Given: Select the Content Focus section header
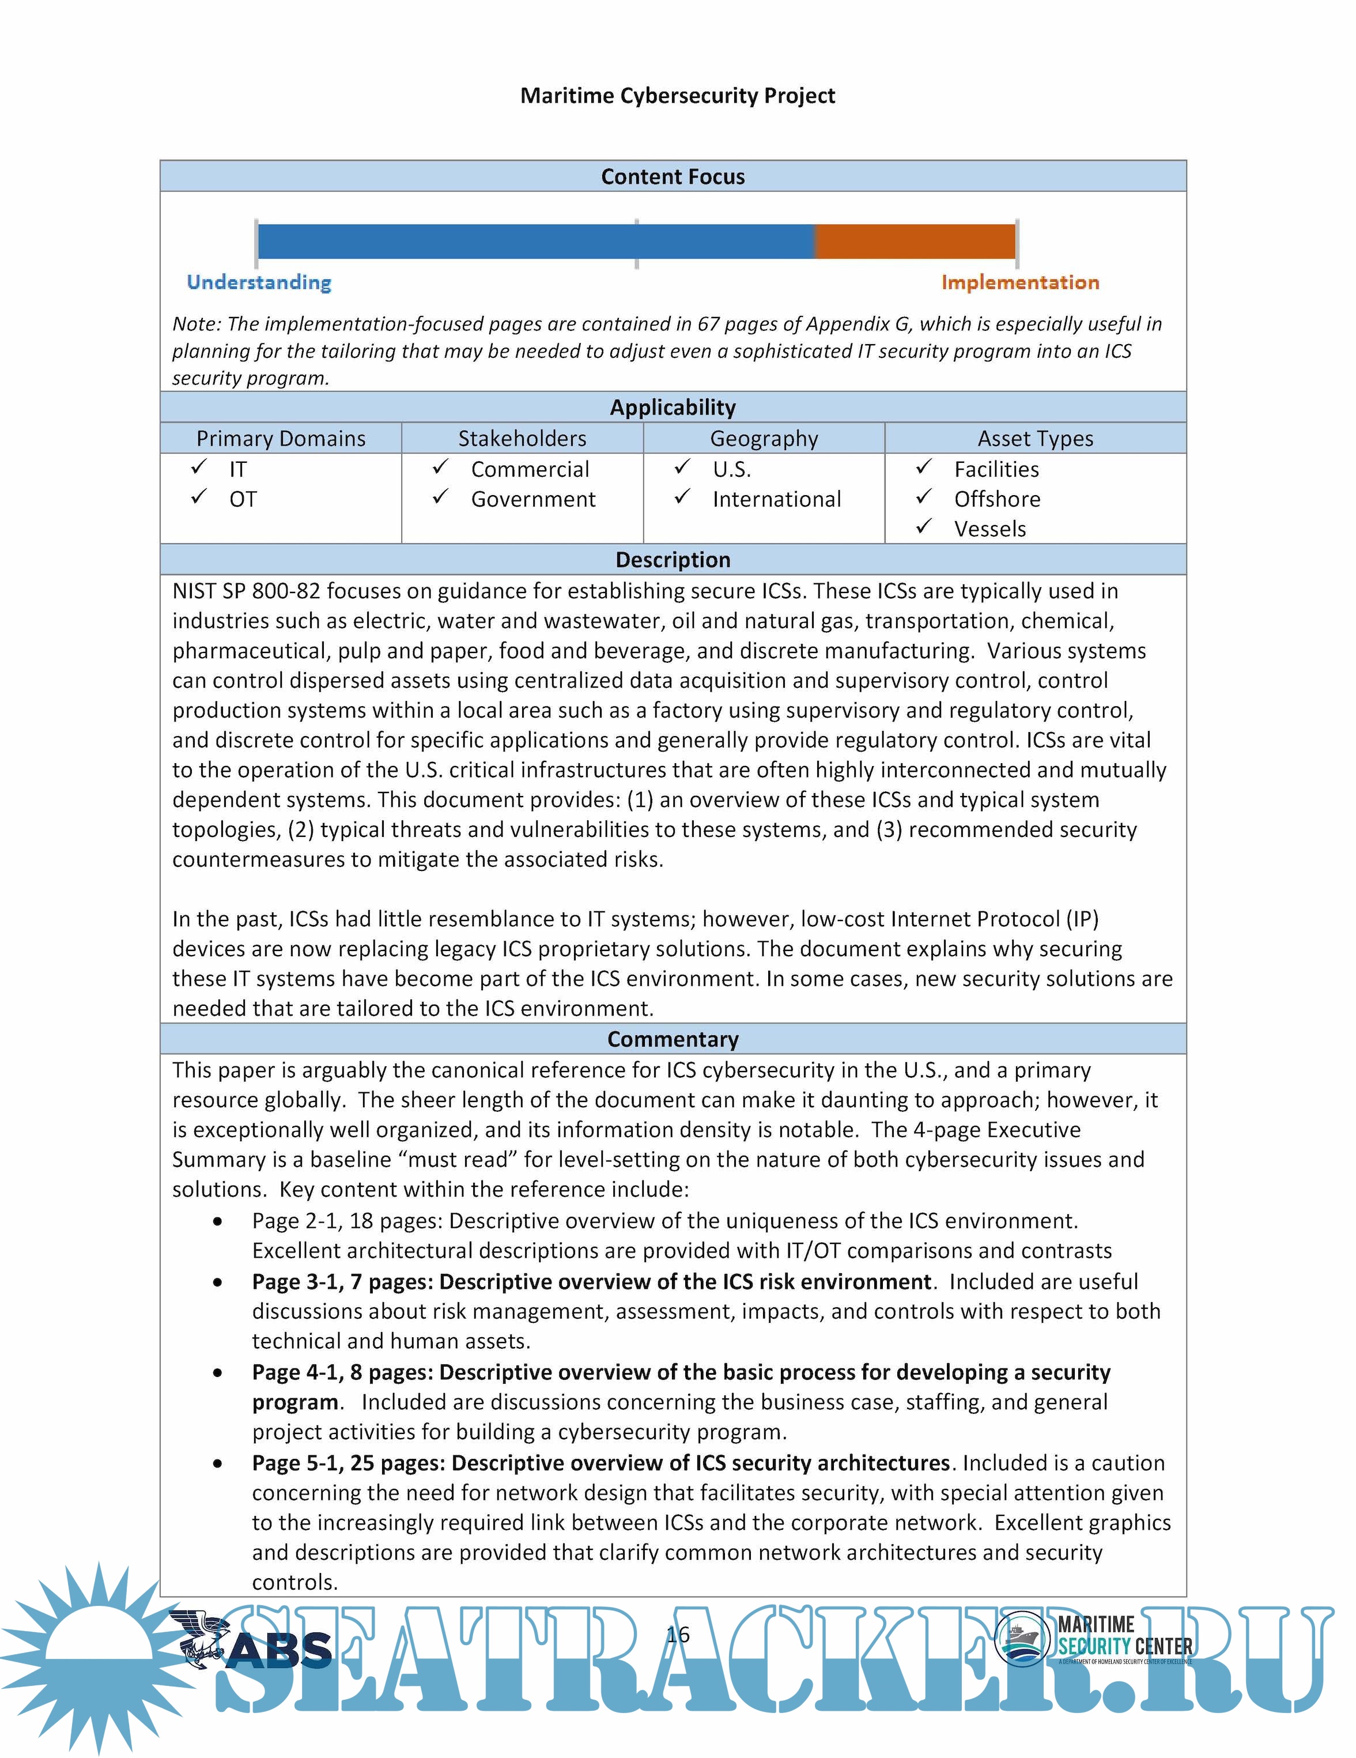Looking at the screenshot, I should (x=673, y=176).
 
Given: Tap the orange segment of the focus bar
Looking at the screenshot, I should (x=915, y=242).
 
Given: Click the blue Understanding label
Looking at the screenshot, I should (x=259, y=282).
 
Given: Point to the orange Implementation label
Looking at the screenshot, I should (x=1019, y=282).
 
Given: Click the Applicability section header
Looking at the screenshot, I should (x=673, y=408).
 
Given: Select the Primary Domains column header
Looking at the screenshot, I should (x=281, y=438).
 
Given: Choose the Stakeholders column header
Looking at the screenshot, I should (x=522, y=438).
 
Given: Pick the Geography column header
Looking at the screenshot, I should (x=764, y=438).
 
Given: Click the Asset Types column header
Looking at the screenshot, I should (x=1035, y=438).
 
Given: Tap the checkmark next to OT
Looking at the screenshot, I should (x=199, y=497).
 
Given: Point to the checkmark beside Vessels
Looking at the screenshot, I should (x=924, y=527).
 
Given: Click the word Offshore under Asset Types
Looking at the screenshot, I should (x=997, y=499).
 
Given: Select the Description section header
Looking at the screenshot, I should (x=673, y=560).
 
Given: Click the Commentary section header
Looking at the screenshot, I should (x=673, y=1039).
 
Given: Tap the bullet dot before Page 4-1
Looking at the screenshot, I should (x=218, y=1373).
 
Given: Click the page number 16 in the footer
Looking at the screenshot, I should (x=678, y=1635).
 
